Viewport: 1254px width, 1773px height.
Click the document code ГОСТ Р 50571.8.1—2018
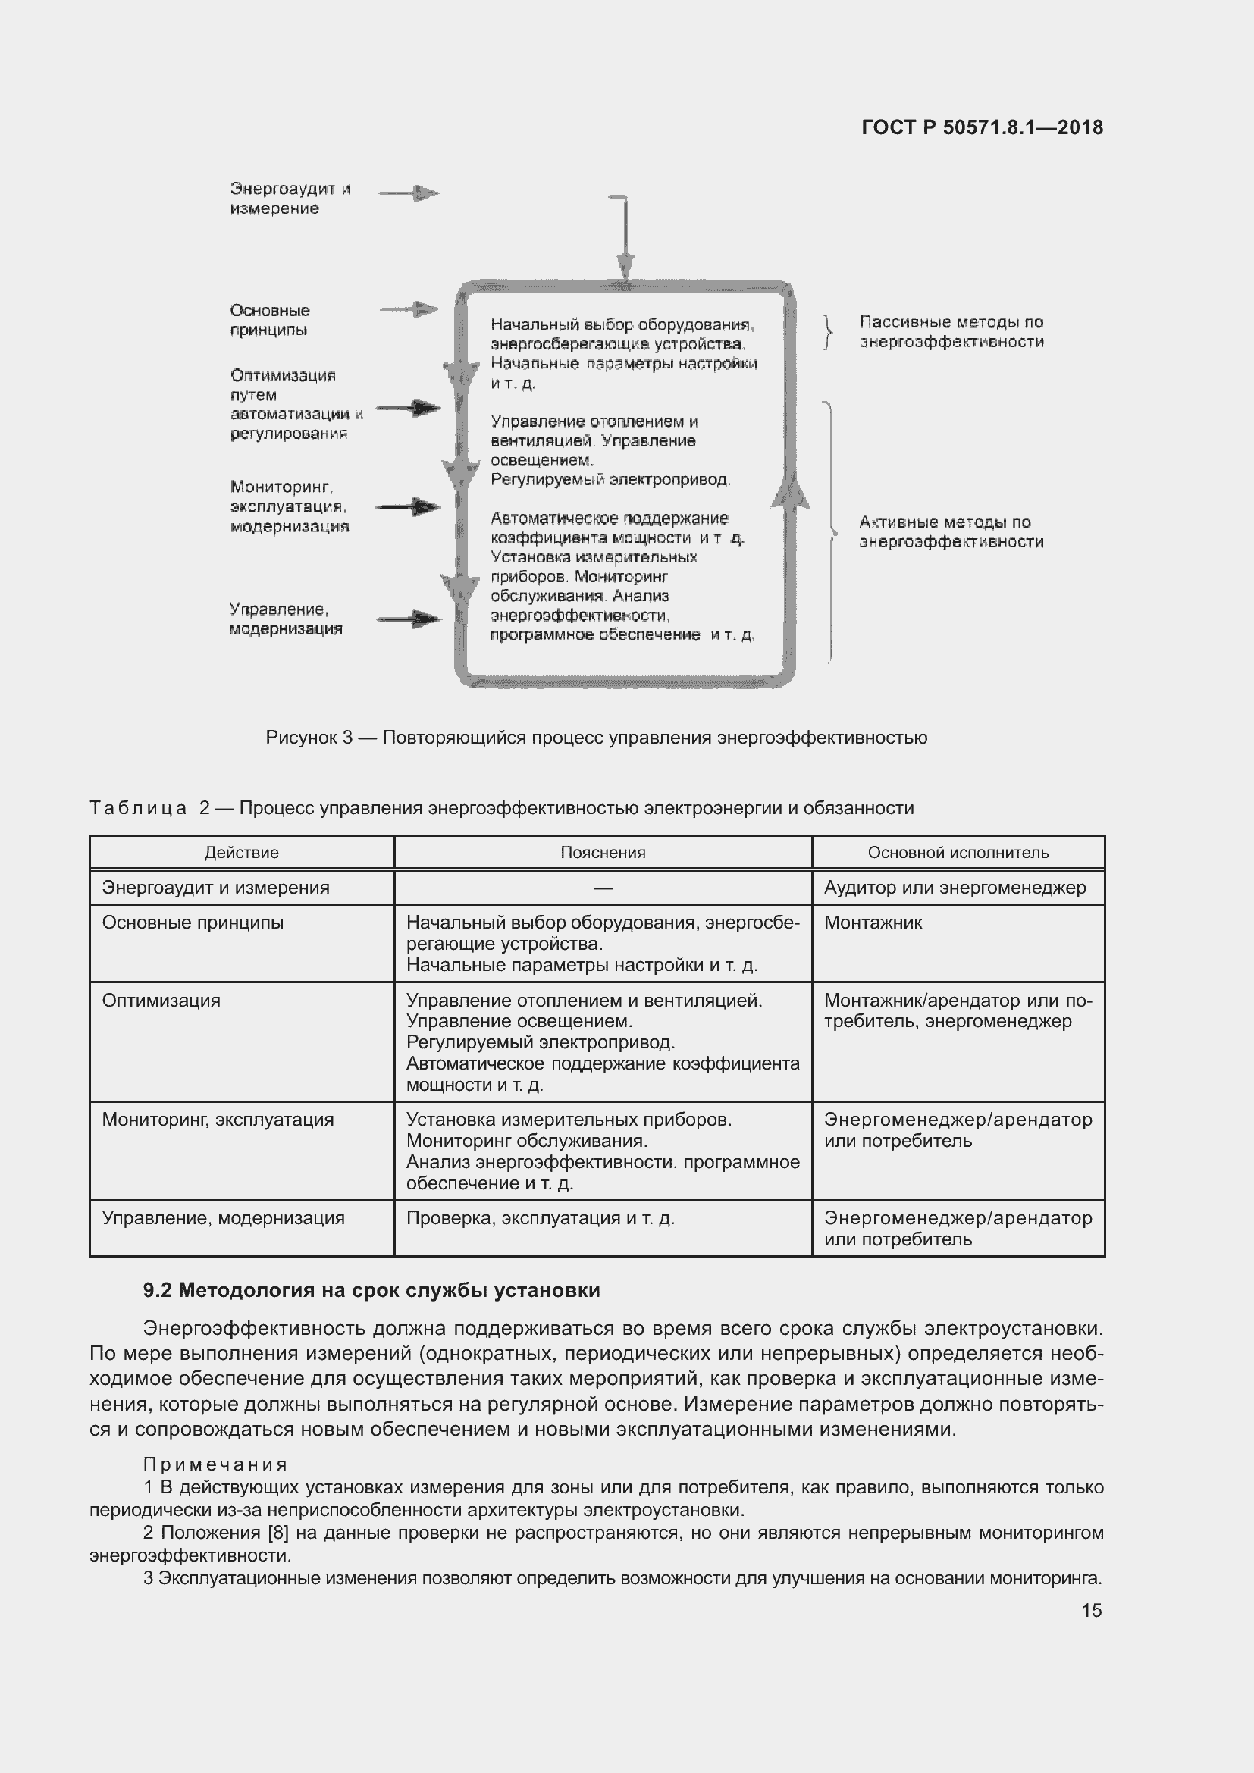(x=981, y=127)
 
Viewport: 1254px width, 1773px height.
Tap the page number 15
(x=1091, y=1610)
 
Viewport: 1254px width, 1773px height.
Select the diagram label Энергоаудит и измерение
(x=290, y=199)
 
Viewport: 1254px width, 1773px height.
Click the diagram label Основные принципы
(x=269, y=320)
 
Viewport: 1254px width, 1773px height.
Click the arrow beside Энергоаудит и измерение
(x=410, y=193)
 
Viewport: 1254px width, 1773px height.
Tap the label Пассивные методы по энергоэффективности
(x=951, y=332)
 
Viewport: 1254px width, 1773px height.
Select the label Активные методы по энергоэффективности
(x=951, y=532)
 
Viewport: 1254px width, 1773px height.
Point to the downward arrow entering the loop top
(x=625, y=262)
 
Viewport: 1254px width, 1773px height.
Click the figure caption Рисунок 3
(x=596, y=738)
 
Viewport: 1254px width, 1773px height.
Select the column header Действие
(x=242, y=853)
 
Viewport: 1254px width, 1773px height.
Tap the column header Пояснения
(x=602, y=853)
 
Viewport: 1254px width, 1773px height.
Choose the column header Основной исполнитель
(x=958, y=853)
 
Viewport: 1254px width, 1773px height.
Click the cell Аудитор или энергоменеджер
(x=955, y=888)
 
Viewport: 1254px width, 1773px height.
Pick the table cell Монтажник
(x=873, y=923)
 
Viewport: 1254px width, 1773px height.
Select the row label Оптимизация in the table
(x=161, y=1001)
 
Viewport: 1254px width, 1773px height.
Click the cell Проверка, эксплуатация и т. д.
(x=541, y=1219)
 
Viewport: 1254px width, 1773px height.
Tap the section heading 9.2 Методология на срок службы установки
(x=371, y=1290)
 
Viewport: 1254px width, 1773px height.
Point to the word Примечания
(x=215, y=1465)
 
